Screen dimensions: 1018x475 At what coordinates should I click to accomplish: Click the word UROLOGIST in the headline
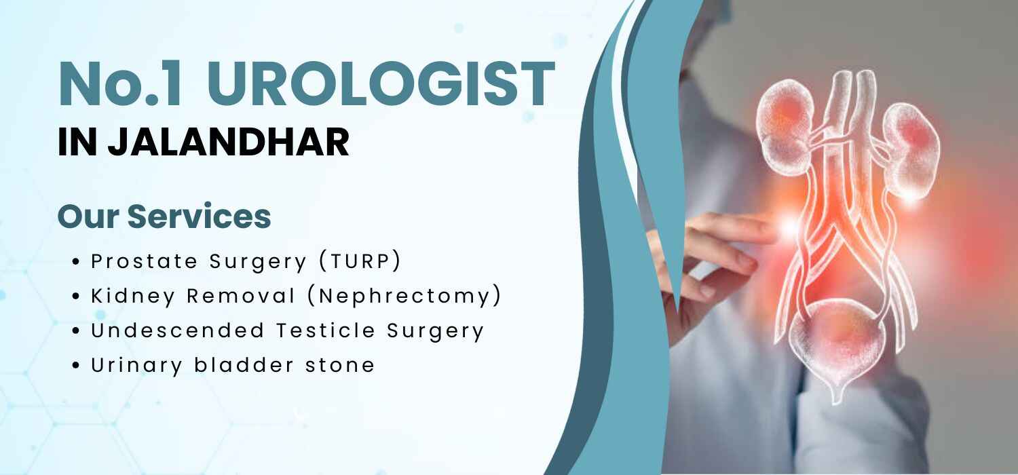coord(381,85)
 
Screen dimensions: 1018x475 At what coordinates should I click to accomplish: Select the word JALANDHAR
coord(229,142)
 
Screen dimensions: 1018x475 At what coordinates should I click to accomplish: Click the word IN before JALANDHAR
coord(77,142)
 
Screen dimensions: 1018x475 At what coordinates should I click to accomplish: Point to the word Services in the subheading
coord(199,216)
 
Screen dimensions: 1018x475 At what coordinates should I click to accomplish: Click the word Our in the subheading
coord(89,216)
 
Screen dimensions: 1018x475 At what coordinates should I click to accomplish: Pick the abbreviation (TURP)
coord(360,261)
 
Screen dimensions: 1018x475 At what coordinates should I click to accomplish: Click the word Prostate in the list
coord(145,261)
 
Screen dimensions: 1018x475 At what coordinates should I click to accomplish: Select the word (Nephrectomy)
coord(404,296)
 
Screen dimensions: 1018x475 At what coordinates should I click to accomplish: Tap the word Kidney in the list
coord(133,297)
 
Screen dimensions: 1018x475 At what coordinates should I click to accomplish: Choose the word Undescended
coord(178,330)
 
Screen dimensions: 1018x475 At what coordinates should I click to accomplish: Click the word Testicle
coord(325,330)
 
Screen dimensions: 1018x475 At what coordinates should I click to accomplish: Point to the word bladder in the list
coord(244,365)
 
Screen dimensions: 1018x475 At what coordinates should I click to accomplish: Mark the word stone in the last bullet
coord(340,366)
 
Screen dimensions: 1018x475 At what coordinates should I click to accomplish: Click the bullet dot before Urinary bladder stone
coord(76,366)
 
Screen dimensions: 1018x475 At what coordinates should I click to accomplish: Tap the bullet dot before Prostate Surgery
coord(76,262)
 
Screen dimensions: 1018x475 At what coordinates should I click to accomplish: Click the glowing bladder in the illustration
coord(837,345)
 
